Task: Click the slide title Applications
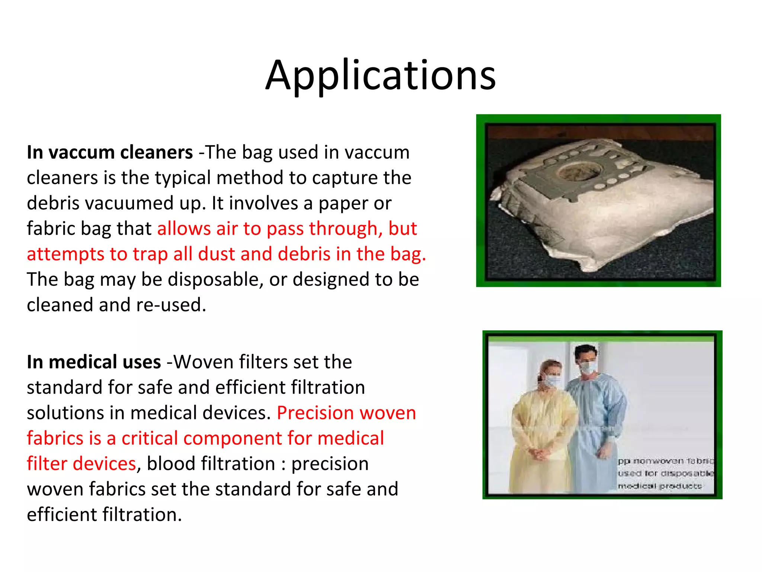380,76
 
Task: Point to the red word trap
150,254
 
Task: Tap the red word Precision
315,413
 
